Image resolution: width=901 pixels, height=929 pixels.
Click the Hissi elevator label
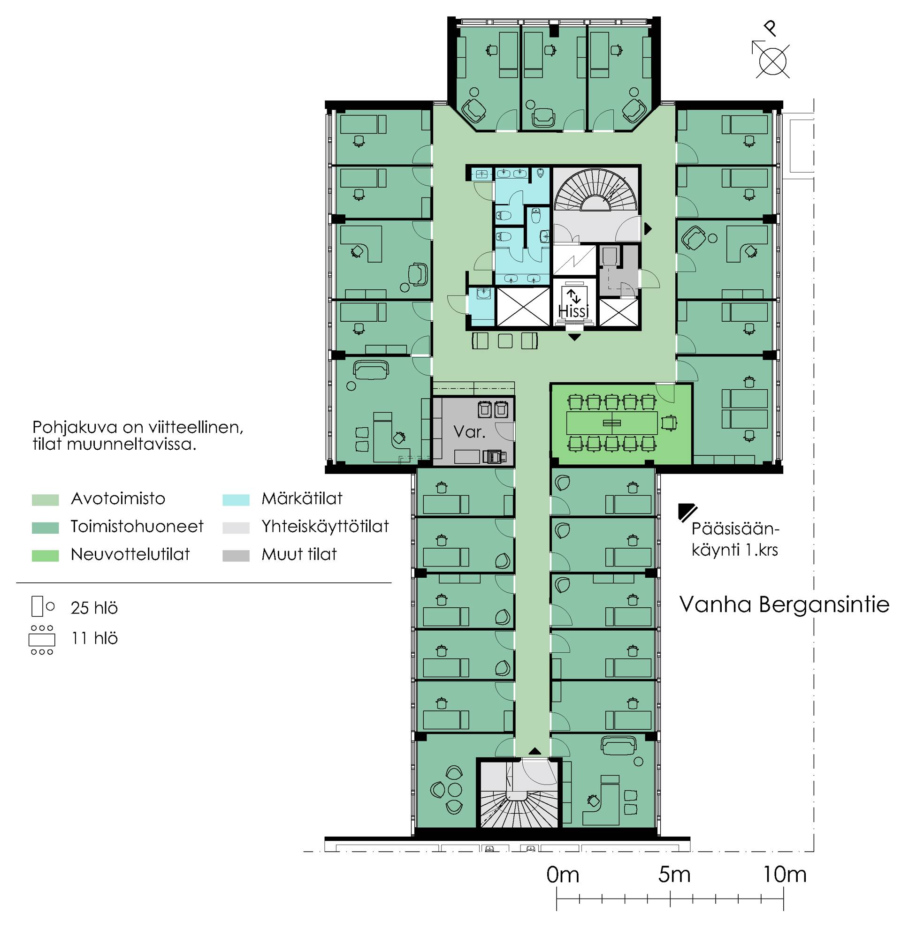(574, 311)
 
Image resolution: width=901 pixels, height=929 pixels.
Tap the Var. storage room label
(469, 431)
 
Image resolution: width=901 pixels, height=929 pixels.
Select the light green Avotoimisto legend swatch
(45, 499)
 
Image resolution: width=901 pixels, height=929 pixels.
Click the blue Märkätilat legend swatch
(236, 499)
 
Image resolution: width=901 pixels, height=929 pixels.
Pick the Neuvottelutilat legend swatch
(45, 556)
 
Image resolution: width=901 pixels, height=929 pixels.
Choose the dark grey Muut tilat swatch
(236, 556)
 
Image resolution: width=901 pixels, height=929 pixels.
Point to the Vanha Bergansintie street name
(784, 605)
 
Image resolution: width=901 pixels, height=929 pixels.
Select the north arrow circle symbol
(772, 61)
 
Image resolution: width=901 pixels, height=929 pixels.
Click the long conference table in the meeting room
(612, 423)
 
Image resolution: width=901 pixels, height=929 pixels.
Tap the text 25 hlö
(94, 608)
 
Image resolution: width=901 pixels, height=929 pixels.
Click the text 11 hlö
(94, 638)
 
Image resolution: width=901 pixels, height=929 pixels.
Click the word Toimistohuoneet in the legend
(137, 527)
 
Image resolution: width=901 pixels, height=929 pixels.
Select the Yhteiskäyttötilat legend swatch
(236, 528)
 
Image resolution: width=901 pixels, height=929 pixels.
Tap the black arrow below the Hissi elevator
(574, 337)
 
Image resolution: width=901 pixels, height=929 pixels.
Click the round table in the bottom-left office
(455, 790)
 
